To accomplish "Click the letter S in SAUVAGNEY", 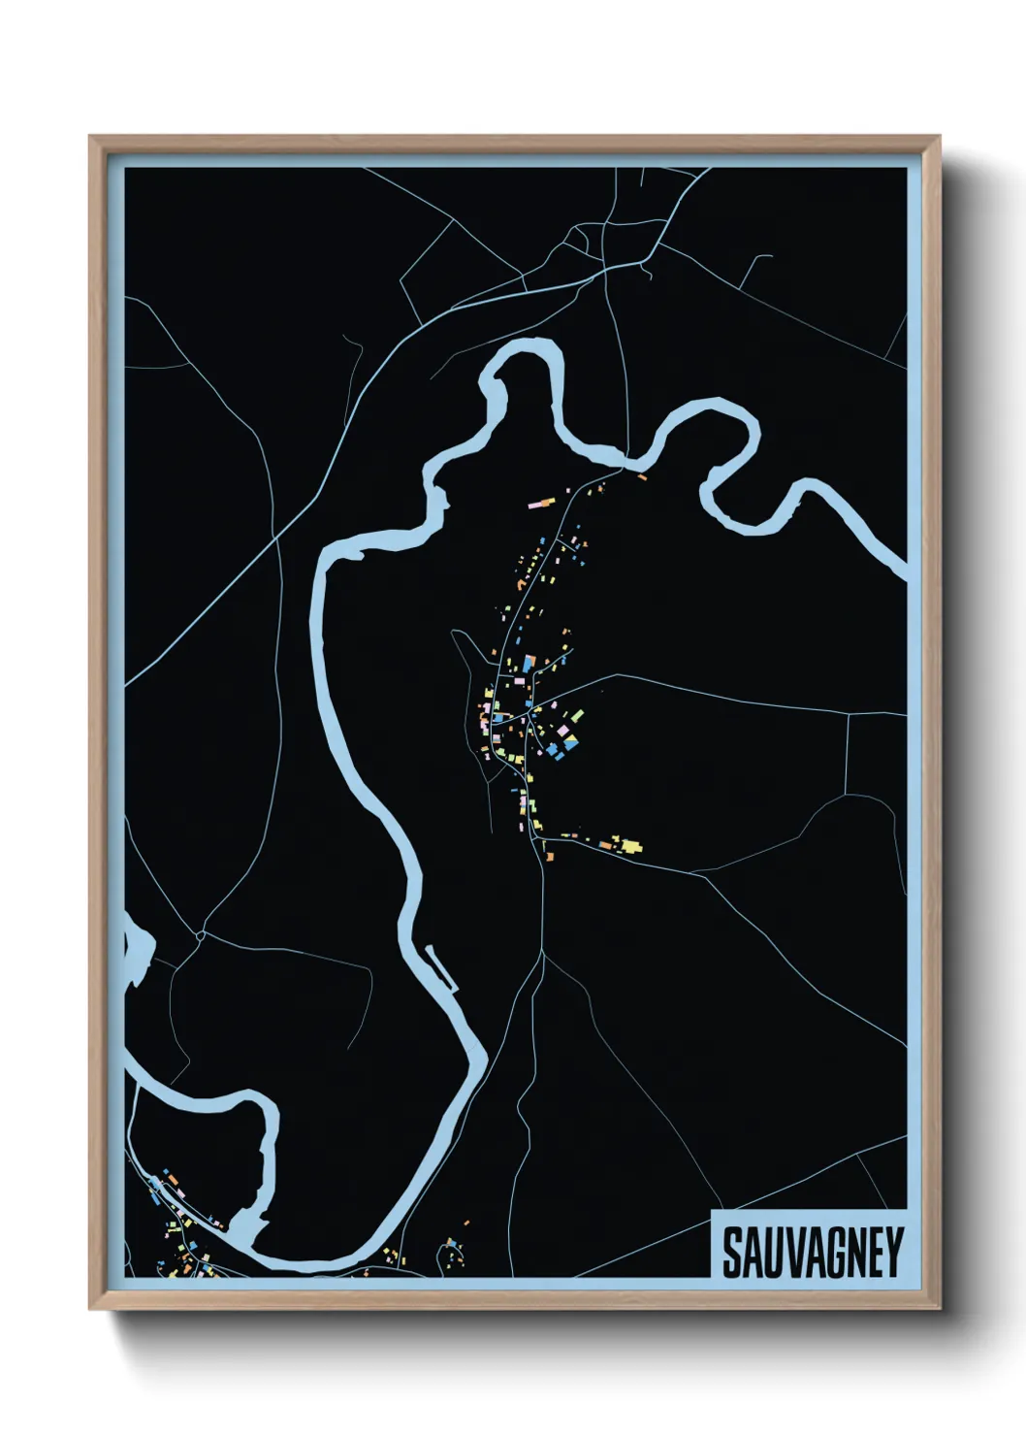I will pos(733,1253).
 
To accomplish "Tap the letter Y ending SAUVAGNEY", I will pos(892,1253).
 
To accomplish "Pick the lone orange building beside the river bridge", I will pos(640,475).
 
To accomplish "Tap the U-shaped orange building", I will pos(522,583).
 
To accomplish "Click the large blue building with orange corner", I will pos(529,664).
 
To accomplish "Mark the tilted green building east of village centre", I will pos(578,716).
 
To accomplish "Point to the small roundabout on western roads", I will pos(199,935).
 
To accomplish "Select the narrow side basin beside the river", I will pos(441,967).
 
